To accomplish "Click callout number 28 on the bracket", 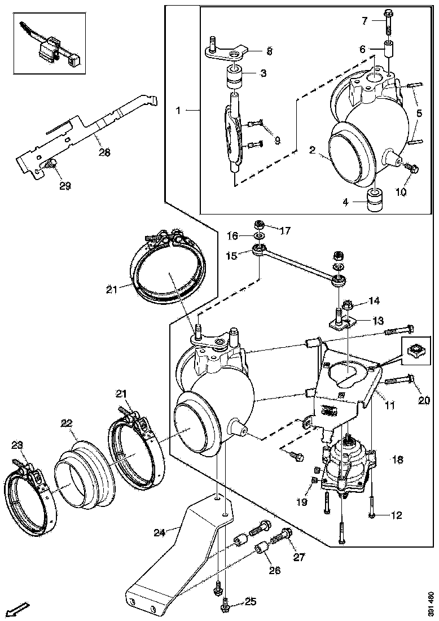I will pos(104,152).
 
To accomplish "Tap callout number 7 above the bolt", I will pos(365,21).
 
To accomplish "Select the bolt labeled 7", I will pos(389,21).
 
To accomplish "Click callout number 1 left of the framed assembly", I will pos(178,111).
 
